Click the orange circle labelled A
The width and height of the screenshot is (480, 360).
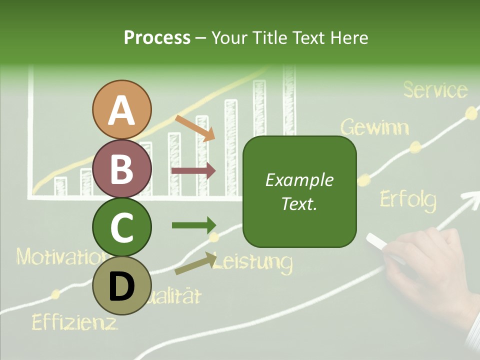click(x=122, y=109)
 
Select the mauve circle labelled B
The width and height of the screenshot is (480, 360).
click(x=122, y=168)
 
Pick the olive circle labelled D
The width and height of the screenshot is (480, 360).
click(x=122, y=285)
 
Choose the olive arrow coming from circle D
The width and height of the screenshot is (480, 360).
click(x=195, y=264)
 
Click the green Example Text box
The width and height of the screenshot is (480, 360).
click(x=299, y=192)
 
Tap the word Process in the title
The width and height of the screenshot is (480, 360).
click(x=157, y=37)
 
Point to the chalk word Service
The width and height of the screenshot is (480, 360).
click(x=435, y=90)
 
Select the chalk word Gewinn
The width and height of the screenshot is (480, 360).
click(x=375, y=127)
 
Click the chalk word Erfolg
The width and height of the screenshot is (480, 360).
click(x=407, y=199)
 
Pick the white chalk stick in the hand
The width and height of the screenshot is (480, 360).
click(x=385, y=248)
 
